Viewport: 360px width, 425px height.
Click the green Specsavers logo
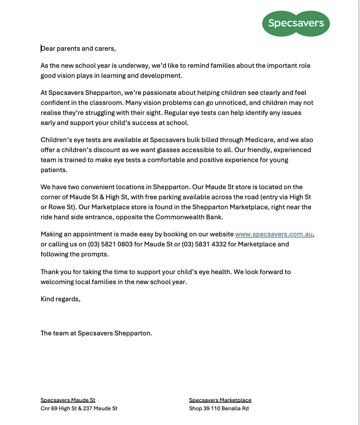pos(296,23)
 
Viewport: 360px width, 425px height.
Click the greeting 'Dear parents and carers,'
pos(78,49)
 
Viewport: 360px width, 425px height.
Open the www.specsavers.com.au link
pos(274,234)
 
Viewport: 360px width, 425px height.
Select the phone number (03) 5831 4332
pos(204,244)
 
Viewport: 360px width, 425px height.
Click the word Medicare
pos(259,140)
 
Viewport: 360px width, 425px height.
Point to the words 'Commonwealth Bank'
pos(189,217)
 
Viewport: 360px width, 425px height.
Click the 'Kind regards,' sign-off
pos(61,299)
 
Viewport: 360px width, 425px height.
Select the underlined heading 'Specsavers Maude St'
pos(68,400)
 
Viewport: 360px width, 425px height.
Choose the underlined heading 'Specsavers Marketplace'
pos(220,400)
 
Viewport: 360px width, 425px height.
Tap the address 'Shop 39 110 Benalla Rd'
pos(219,408)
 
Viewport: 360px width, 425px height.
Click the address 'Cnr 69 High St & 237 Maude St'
pos(79,408)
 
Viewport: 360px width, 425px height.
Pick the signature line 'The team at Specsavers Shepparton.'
pos(96,333)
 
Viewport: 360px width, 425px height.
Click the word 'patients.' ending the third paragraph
pos(54,170)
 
